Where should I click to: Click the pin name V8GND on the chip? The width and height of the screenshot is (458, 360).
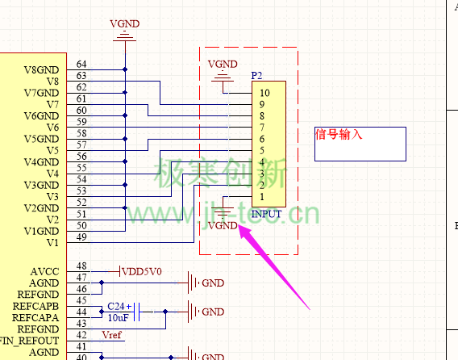(x=41, y=70)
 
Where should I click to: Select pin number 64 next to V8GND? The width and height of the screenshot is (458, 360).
(x=81, y=65)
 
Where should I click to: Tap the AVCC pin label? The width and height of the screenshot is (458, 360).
(x=44, y=272)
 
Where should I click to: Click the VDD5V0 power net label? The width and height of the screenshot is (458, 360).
(x=142, y=272)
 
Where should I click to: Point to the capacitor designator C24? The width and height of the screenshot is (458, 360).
(x=116, y=306)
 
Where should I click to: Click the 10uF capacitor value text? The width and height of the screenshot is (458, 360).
(x=118, y=317)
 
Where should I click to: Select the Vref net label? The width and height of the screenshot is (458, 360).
(x=111, y=335)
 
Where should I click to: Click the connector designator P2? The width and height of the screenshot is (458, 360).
(x=256, y=76)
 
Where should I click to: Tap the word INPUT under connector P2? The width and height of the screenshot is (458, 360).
(x=266, y=214)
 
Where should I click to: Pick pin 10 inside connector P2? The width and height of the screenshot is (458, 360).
(x=264, y=93)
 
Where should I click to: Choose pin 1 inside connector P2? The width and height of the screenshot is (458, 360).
(x=262, y=197)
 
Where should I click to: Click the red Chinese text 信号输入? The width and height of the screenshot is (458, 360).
(x=339, y=135)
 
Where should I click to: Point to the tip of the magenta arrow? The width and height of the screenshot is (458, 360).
(x=239, y=225)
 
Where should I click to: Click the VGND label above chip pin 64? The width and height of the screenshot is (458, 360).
(x=125, y=23)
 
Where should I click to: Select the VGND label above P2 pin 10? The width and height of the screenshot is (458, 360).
(x=223, y=64)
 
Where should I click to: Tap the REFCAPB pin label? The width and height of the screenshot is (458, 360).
(x=35, y=306)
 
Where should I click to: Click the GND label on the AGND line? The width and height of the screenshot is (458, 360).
(x=213, y=283)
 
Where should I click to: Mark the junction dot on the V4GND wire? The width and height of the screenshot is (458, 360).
(x=125, y=161)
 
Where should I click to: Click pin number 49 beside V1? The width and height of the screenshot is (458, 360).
(x=81, y=237)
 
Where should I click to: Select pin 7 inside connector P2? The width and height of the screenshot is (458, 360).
(x=262, y=128)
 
